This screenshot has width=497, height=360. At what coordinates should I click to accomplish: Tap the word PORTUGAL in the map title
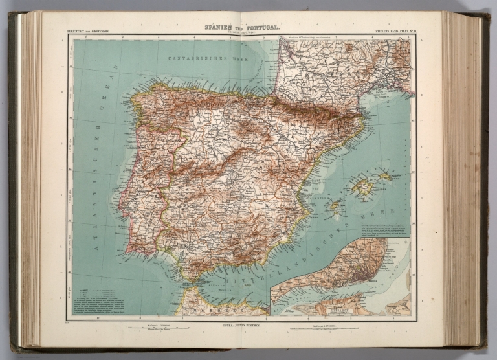click(261, 28)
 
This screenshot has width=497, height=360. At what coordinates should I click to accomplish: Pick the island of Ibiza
click(335, 208)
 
